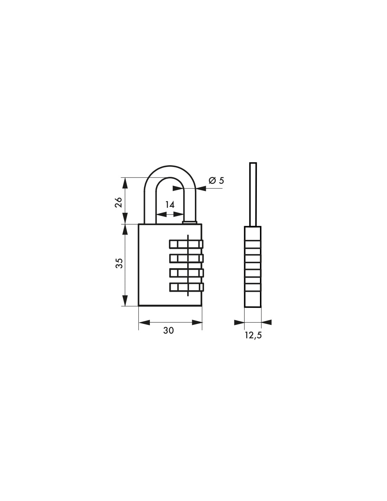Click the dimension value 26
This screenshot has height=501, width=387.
[x=119, y=202]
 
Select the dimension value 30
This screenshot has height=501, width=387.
[x=169, y=330]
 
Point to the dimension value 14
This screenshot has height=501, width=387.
[x=170, y=204]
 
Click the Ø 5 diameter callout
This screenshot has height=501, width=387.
[x=216, y=180]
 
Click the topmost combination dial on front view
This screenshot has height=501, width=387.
[x=186, y=244]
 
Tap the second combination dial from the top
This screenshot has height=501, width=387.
[x=186, y=258]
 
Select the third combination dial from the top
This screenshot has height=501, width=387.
[x=186, y=273]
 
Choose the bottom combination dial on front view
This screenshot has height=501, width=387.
[x=186, y=287]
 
